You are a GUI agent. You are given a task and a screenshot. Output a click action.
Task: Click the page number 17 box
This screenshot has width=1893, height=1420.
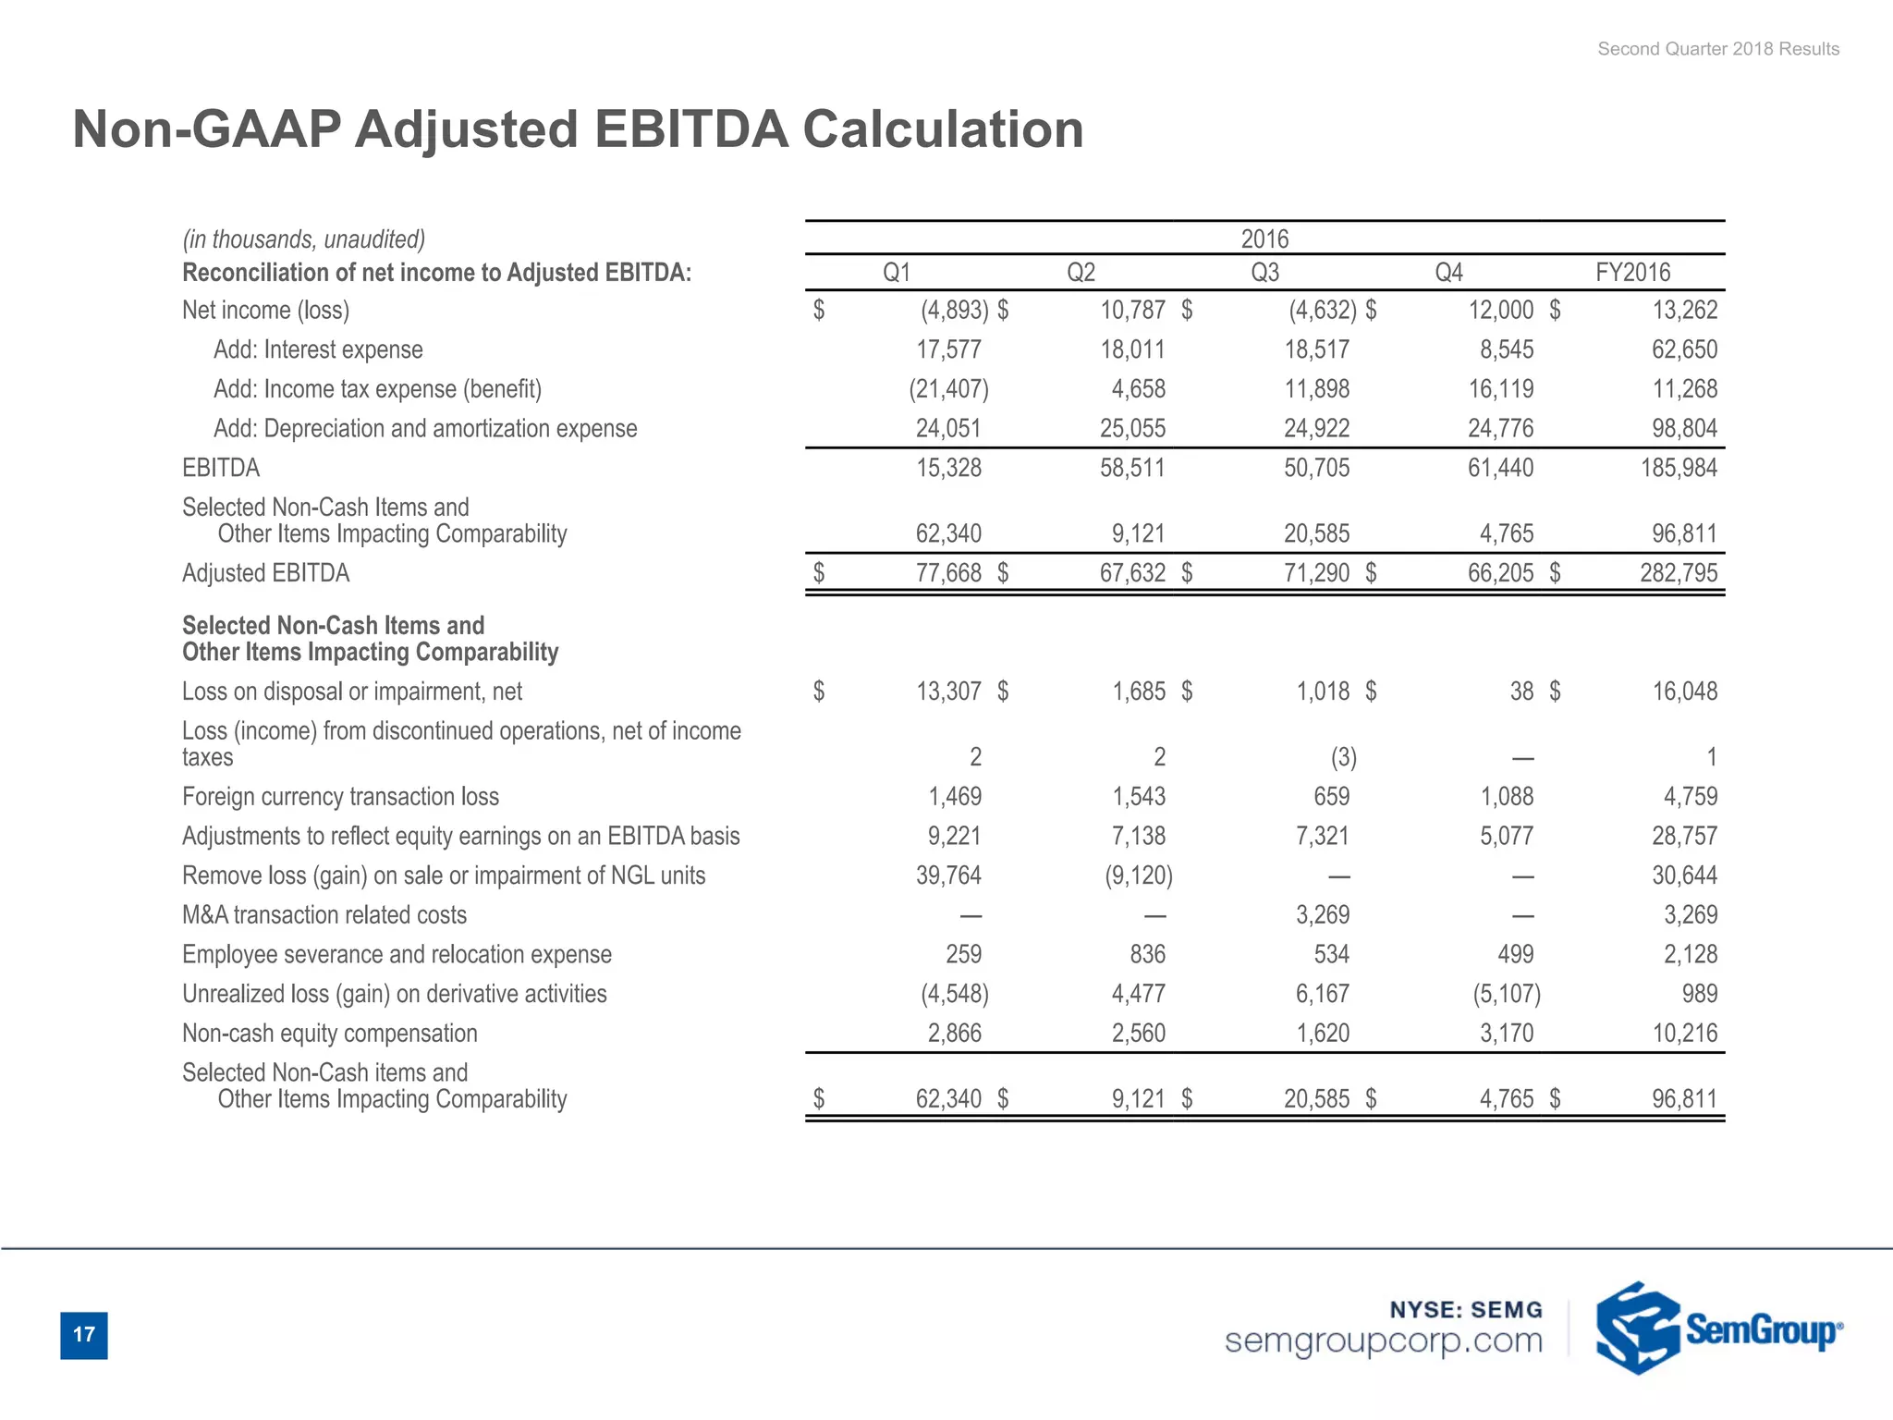[83, 1335]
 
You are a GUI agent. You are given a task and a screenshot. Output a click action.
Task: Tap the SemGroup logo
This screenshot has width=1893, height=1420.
[1718, 1328]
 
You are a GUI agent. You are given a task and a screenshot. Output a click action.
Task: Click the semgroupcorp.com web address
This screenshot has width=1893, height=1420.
[1383, 1341]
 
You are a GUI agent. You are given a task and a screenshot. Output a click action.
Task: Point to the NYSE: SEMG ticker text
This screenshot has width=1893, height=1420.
[1466, 1309]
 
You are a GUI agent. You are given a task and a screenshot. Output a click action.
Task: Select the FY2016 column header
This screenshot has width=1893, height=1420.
[1632, 273]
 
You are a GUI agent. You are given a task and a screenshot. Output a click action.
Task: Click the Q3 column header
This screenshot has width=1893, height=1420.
[1264, 273]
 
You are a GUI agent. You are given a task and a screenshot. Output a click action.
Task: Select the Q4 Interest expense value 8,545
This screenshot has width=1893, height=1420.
[1500, 349]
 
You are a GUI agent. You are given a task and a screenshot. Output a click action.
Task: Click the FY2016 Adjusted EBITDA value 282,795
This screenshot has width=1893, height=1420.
[1678, 573]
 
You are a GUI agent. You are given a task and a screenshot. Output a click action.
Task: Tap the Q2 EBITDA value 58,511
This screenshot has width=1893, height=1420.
[1132, 468]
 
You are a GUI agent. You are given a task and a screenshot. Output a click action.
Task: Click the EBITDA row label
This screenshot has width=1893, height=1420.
[221, 468]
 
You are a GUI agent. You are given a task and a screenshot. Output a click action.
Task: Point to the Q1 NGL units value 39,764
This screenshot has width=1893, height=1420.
[948, 875]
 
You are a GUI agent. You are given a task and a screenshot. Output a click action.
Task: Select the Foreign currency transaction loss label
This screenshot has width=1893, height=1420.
[340, 797]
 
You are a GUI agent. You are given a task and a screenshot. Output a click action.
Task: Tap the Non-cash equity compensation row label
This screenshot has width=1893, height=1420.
[330, 1034]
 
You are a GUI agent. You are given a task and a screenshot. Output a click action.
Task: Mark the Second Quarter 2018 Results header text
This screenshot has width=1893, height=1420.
[1717, 49]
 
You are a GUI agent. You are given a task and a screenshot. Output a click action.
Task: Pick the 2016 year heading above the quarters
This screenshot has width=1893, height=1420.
[1264, 239]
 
